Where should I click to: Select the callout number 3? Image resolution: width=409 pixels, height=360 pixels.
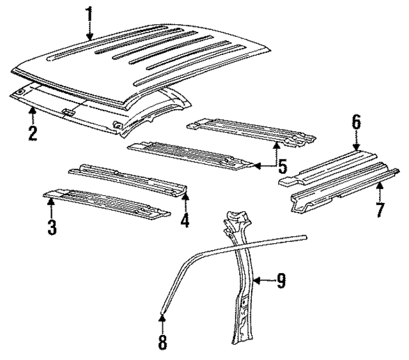coord(52,226)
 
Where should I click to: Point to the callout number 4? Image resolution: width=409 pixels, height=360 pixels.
coord(185,221)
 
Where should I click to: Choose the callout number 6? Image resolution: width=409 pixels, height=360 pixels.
coord(357,121)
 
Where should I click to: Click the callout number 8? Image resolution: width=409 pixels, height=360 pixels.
coord(162,343)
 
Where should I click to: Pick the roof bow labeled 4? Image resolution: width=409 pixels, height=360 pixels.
coord(128,178)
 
